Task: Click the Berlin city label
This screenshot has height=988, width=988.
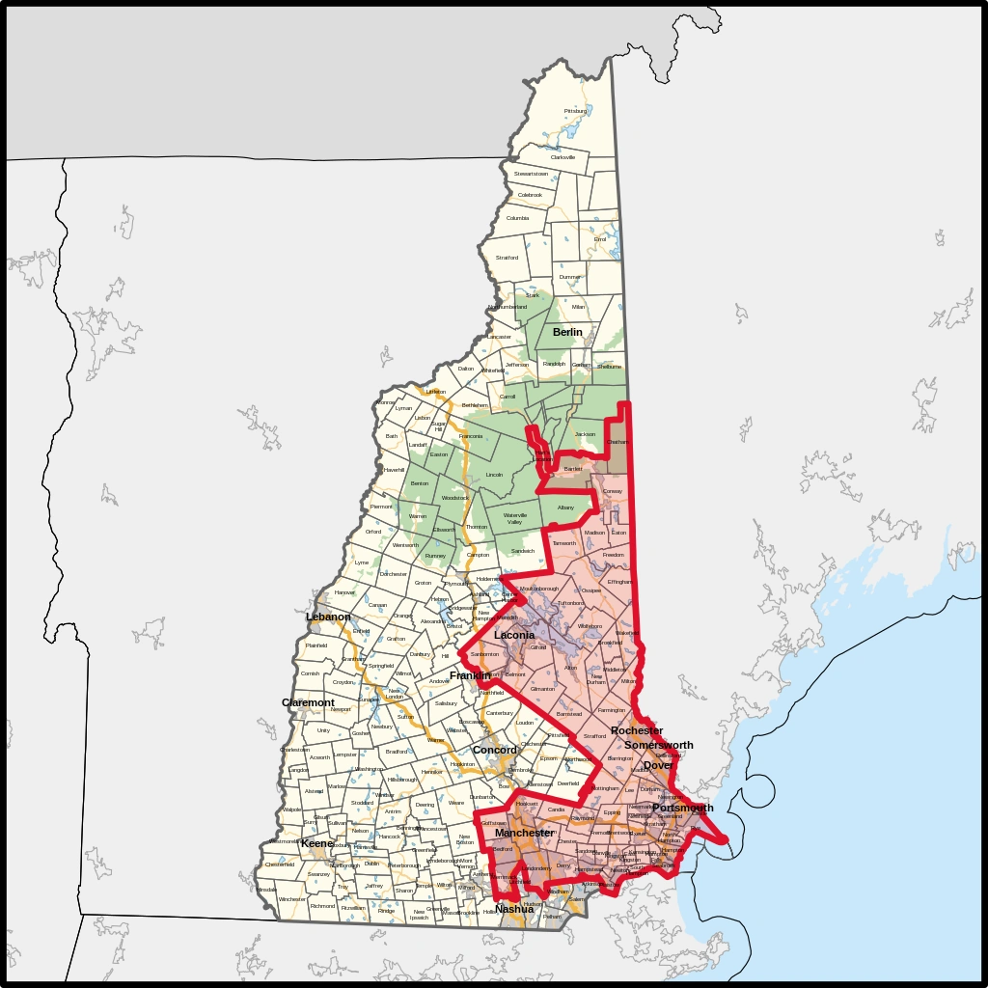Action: pos(567,332)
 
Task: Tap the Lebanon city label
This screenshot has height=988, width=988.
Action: pos(328,617)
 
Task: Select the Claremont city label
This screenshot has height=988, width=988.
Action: pos(308,702)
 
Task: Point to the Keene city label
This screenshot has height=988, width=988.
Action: pos(317,843)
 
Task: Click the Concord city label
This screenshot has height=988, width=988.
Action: pos(494,750)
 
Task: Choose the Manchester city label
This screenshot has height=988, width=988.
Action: pos(524,833)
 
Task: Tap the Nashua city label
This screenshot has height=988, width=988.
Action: pos(514,909)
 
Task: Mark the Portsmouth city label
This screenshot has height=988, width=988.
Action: pos(682,808)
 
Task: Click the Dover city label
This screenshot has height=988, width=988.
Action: pos(658,765)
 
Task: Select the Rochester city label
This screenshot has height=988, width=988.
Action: pos(637,731)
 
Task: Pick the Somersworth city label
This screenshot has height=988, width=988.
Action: pos(658,745)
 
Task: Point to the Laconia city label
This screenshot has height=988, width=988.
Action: pos(514,636)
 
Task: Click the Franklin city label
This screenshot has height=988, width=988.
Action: pos(470,675)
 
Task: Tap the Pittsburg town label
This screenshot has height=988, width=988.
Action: pos(575,111)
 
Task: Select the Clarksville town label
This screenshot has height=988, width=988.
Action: pos(563,157)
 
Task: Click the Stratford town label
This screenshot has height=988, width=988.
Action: pos(507,258)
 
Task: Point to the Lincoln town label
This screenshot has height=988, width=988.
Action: pos(494,475)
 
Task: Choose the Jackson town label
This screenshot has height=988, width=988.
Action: pos(585,434)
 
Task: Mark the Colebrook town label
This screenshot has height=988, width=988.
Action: pos(530,195)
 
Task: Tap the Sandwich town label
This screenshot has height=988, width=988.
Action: pos(522,551)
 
